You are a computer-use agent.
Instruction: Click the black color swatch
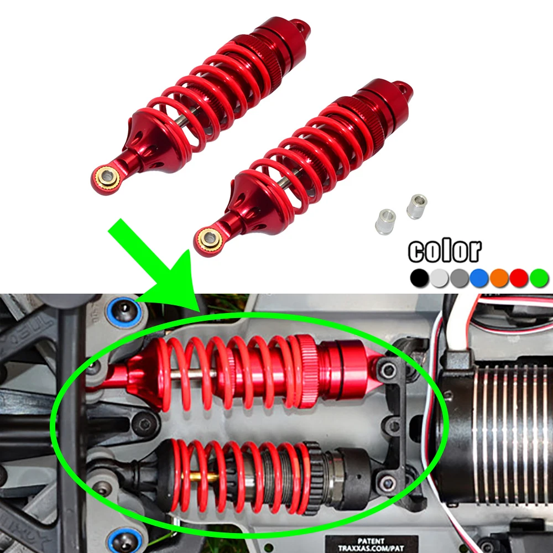pos(420,278)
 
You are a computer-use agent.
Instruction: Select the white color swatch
pos(440,278)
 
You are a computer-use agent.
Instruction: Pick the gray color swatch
pos(460,278)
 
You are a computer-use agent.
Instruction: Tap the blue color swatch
pos(479,278)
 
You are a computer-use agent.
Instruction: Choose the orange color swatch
pos(499,278)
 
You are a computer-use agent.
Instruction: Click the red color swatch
pos(519,278)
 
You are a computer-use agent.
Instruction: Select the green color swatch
pos(539,278)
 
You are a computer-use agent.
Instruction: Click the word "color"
pos(445,251)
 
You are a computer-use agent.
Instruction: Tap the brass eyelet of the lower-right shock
pos(210,239)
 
